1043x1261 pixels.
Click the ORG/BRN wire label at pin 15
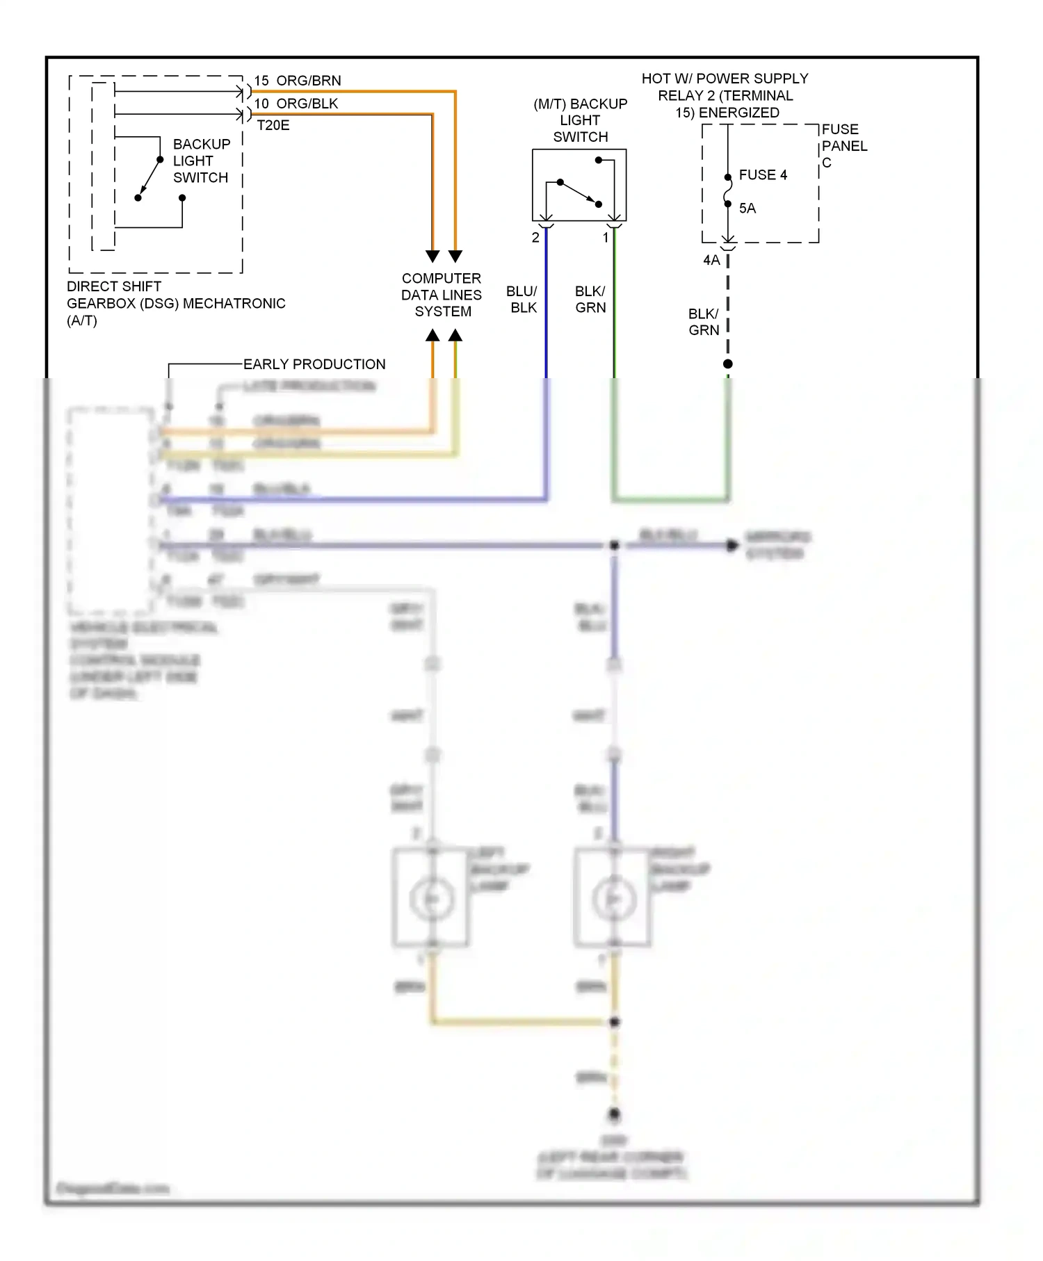point(308,81)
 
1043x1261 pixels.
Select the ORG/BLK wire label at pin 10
point(307,104)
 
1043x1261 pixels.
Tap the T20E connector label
point(273,126)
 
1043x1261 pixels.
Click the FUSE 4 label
point(763,175)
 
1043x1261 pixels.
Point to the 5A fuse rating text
point(747,209)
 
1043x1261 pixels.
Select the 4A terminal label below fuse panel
point(711,261)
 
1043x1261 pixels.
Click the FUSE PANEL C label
point(843,146)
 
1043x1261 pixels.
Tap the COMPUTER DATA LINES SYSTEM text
point(442,295)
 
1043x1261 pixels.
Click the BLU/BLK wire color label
point(522,300)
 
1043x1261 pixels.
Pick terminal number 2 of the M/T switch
point(535,238)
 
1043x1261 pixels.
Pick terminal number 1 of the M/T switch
point(606,238)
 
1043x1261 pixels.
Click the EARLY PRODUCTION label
point(314,364)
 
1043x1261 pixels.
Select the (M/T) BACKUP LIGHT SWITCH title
point(581,120)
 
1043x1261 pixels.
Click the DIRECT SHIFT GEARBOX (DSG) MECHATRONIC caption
point(175,303)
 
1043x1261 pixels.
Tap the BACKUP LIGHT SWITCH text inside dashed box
point(201,161)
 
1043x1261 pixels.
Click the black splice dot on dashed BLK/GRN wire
point(728,364)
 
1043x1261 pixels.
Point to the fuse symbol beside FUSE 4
point(728,190)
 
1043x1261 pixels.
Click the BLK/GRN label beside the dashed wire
point(704,323)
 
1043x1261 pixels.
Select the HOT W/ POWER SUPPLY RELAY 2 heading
point(725,95)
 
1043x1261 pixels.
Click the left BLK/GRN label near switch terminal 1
point(590,300)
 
